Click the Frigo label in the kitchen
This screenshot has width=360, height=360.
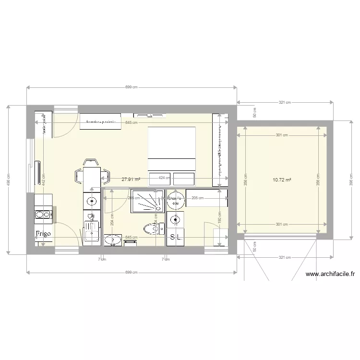tap(44, 234)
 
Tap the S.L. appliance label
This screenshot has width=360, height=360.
tap(176, 237)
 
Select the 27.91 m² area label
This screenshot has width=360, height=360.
tap(131, 180)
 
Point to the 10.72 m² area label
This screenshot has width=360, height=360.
tap(282, 180)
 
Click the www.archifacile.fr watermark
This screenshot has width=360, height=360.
tap(330, 275)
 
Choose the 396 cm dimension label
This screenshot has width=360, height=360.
tap(350, 180)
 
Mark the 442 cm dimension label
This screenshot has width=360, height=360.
tap(43, 180)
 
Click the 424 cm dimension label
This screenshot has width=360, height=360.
tap(164, 178)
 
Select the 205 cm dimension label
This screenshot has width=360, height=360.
tap(197, 198)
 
